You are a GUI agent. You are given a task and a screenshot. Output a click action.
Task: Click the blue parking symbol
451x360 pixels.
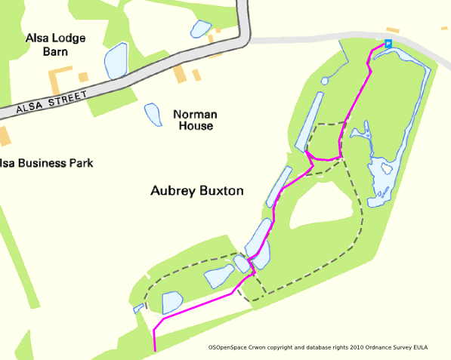388,44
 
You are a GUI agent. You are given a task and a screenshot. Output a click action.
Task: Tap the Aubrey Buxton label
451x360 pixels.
196,191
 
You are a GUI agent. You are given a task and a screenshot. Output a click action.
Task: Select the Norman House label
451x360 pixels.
196,120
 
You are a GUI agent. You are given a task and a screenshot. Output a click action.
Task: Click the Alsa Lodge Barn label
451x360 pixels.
56,45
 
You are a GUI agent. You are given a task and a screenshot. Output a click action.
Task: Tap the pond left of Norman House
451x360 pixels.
153,115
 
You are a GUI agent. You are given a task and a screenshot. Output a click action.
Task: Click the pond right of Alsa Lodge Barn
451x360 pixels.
116,60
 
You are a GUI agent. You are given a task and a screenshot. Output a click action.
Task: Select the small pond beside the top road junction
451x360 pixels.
200,29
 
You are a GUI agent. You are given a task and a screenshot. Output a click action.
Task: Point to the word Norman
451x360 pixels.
196,114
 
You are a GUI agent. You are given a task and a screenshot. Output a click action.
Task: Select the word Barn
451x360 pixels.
56,52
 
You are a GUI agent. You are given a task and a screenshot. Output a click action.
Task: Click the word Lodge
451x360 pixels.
68,38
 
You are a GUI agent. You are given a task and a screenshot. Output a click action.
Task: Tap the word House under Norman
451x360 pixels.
196,126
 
